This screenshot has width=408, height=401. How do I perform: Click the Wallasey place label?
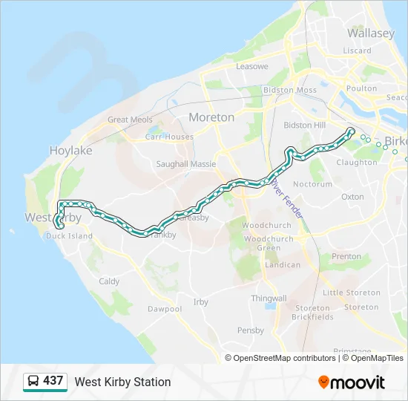tap(371, 33)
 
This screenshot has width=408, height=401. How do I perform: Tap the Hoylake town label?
tap(70, 151)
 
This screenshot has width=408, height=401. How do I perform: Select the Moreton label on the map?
tap(211, 117)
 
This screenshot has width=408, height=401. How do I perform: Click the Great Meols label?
tap(130, 120)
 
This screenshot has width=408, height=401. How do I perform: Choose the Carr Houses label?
tap(169, 137)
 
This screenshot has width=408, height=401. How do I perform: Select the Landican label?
tap(283, 265)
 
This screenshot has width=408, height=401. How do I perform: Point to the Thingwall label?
tap(269, 298)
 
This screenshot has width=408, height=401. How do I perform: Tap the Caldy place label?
tap(109, 281)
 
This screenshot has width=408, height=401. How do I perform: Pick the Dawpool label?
tap(164, 309)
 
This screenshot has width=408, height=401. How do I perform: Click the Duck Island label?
tap(69, 236)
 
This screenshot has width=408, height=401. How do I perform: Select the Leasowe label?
tap(251, 66)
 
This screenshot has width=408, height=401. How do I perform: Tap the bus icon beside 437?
tap(33, 382)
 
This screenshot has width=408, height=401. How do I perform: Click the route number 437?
tap(53, 381)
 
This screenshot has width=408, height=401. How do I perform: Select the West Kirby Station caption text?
tap(122, 382)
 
